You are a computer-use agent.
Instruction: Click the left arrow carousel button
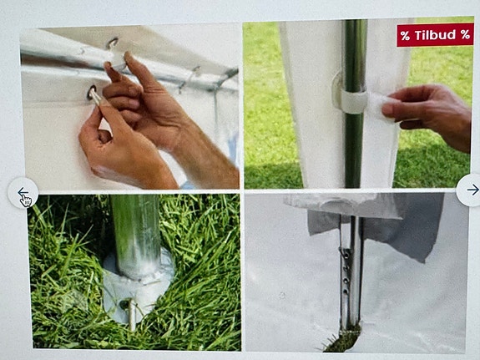tap(23, 192)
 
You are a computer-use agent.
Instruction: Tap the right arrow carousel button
tap(471, 190)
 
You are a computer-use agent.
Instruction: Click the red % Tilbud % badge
tap(434, 35)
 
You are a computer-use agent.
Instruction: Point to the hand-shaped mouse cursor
tap(27, 200)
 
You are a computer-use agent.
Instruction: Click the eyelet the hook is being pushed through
tap(91, 92)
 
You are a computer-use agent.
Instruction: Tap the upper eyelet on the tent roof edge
tap(111, 42)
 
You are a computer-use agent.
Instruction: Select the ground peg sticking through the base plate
tap(130, 314)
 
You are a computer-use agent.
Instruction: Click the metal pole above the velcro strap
tap(354, 50)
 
